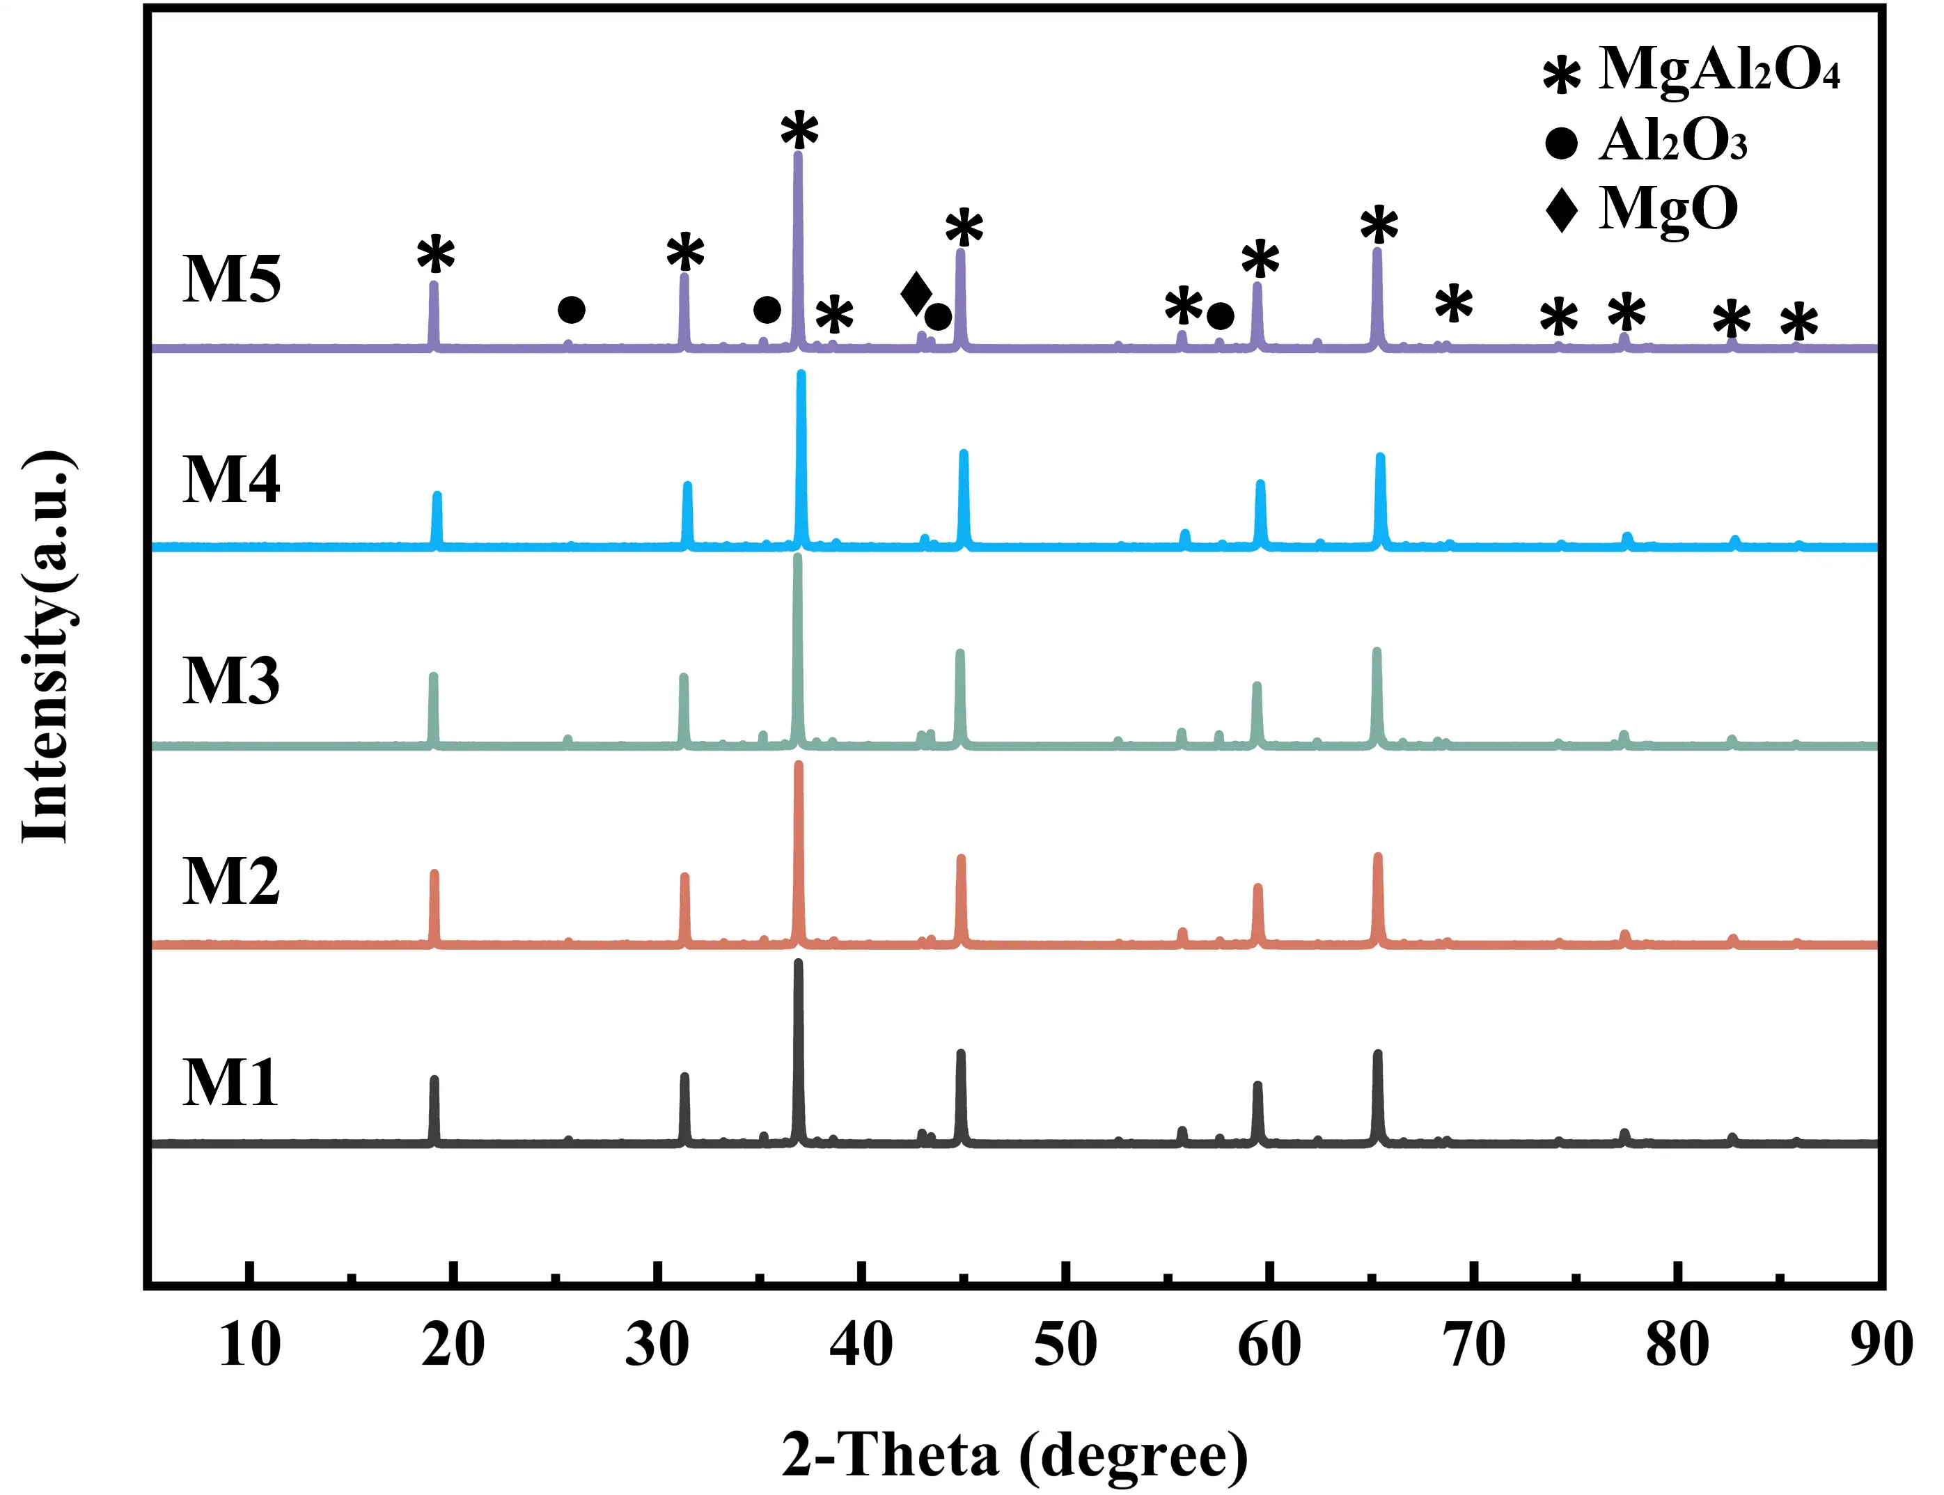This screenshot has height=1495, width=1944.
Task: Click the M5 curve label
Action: [231, 279]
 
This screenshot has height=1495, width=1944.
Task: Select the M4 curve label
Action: [231, 480]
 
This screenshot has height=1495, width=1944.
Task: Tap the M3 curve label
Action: [231, 682]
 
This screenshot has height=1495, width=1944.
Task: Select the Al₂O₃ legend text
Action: [1672, 141]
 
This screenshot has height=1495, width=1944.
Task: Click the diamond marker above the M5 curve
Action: [916, 295]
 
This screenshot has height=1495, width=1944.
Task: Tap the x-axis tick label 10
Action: [250, 1345]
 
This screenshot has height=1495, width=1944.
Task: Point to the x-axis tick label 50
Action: [1065, 1345]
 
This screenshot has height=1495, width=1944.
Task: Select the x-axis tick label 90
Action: [1881, 1345]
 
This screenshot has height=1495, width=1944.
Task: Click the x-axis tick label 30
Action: [657, 1345]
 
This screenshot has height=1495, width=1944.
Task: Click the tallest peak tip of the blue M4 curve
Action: [801, 375]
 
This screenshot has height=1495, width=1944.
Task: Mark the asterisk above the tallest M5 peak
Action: [799, 132]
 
